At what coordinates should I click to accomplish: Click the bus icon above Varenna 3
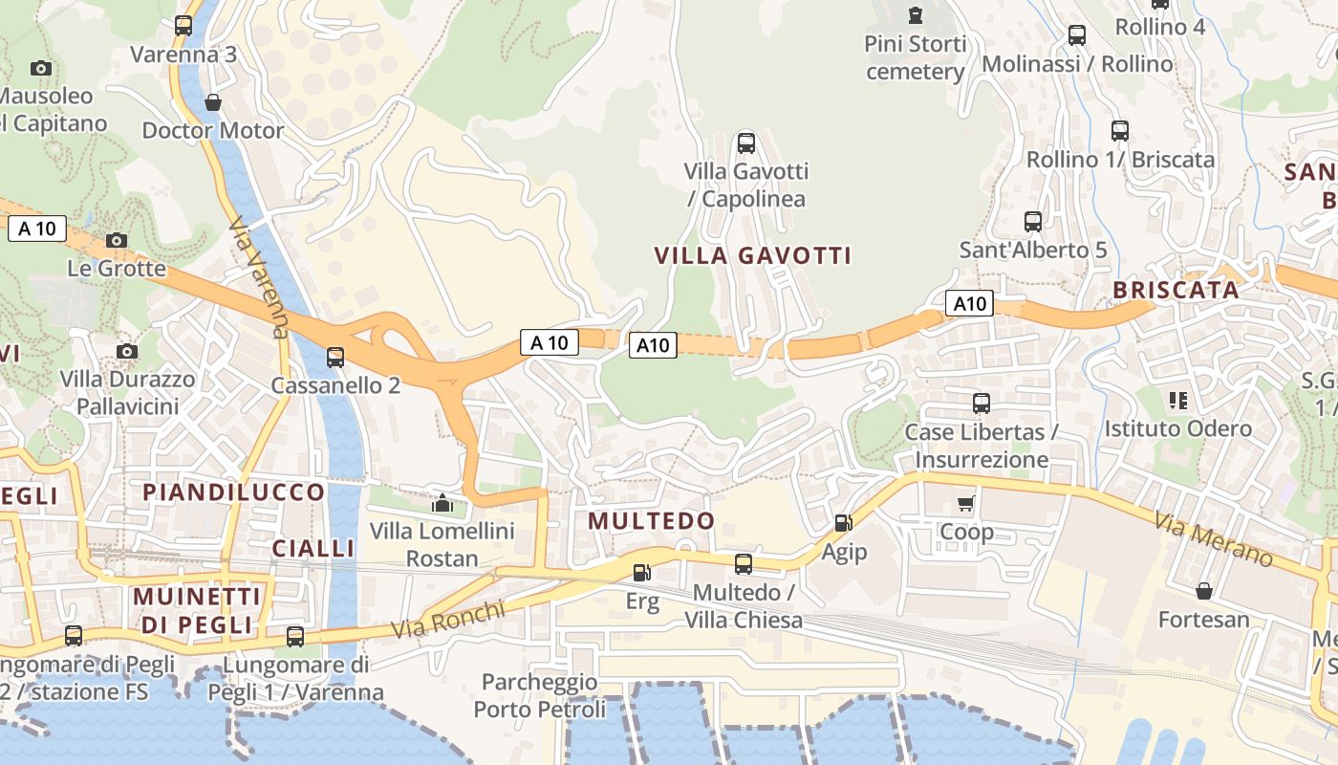tap(183, 26)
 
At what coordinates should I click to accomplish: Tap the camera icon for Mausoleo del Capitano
tap(40, 68)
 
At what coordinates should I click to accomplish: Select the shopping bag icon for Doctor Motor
tap(213, 102)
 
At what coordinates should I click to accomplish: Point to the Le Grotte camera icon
tap(117, 240)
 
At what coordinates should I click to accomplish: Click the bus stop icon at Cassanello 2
tap(335, 358)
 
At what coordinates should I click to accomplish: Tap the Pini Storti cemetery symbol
tap(916, 15)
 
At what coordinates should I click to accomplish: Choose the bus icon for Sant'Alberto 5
tap(1033, 222)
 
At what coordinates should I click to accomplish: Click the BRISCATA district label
tap(1176, 291)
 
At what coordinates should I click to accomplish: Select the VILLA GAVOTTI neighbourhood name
tap(752, 255)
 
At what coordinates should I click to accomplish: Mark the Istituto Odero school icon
tap(1178, 401)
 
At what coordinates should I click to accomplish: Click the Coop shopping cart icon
tap(966, 503)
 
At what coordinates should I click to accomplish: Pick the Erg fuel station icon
tap(642, 573)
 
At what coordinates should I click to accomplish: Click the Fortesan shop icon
tap(1204, 591)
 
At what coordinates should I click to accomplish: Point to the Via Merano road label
tap(1213, 539)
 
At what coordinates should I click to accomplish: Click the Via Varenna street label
tap(258, 277)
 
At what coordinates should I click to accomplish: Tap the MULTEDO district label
tap(652, 521)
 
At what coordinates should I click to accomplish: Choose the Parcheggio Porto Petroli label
tap(540, 696)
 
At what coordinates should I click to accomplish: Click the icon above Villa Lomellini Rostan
tap(442, 502)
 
